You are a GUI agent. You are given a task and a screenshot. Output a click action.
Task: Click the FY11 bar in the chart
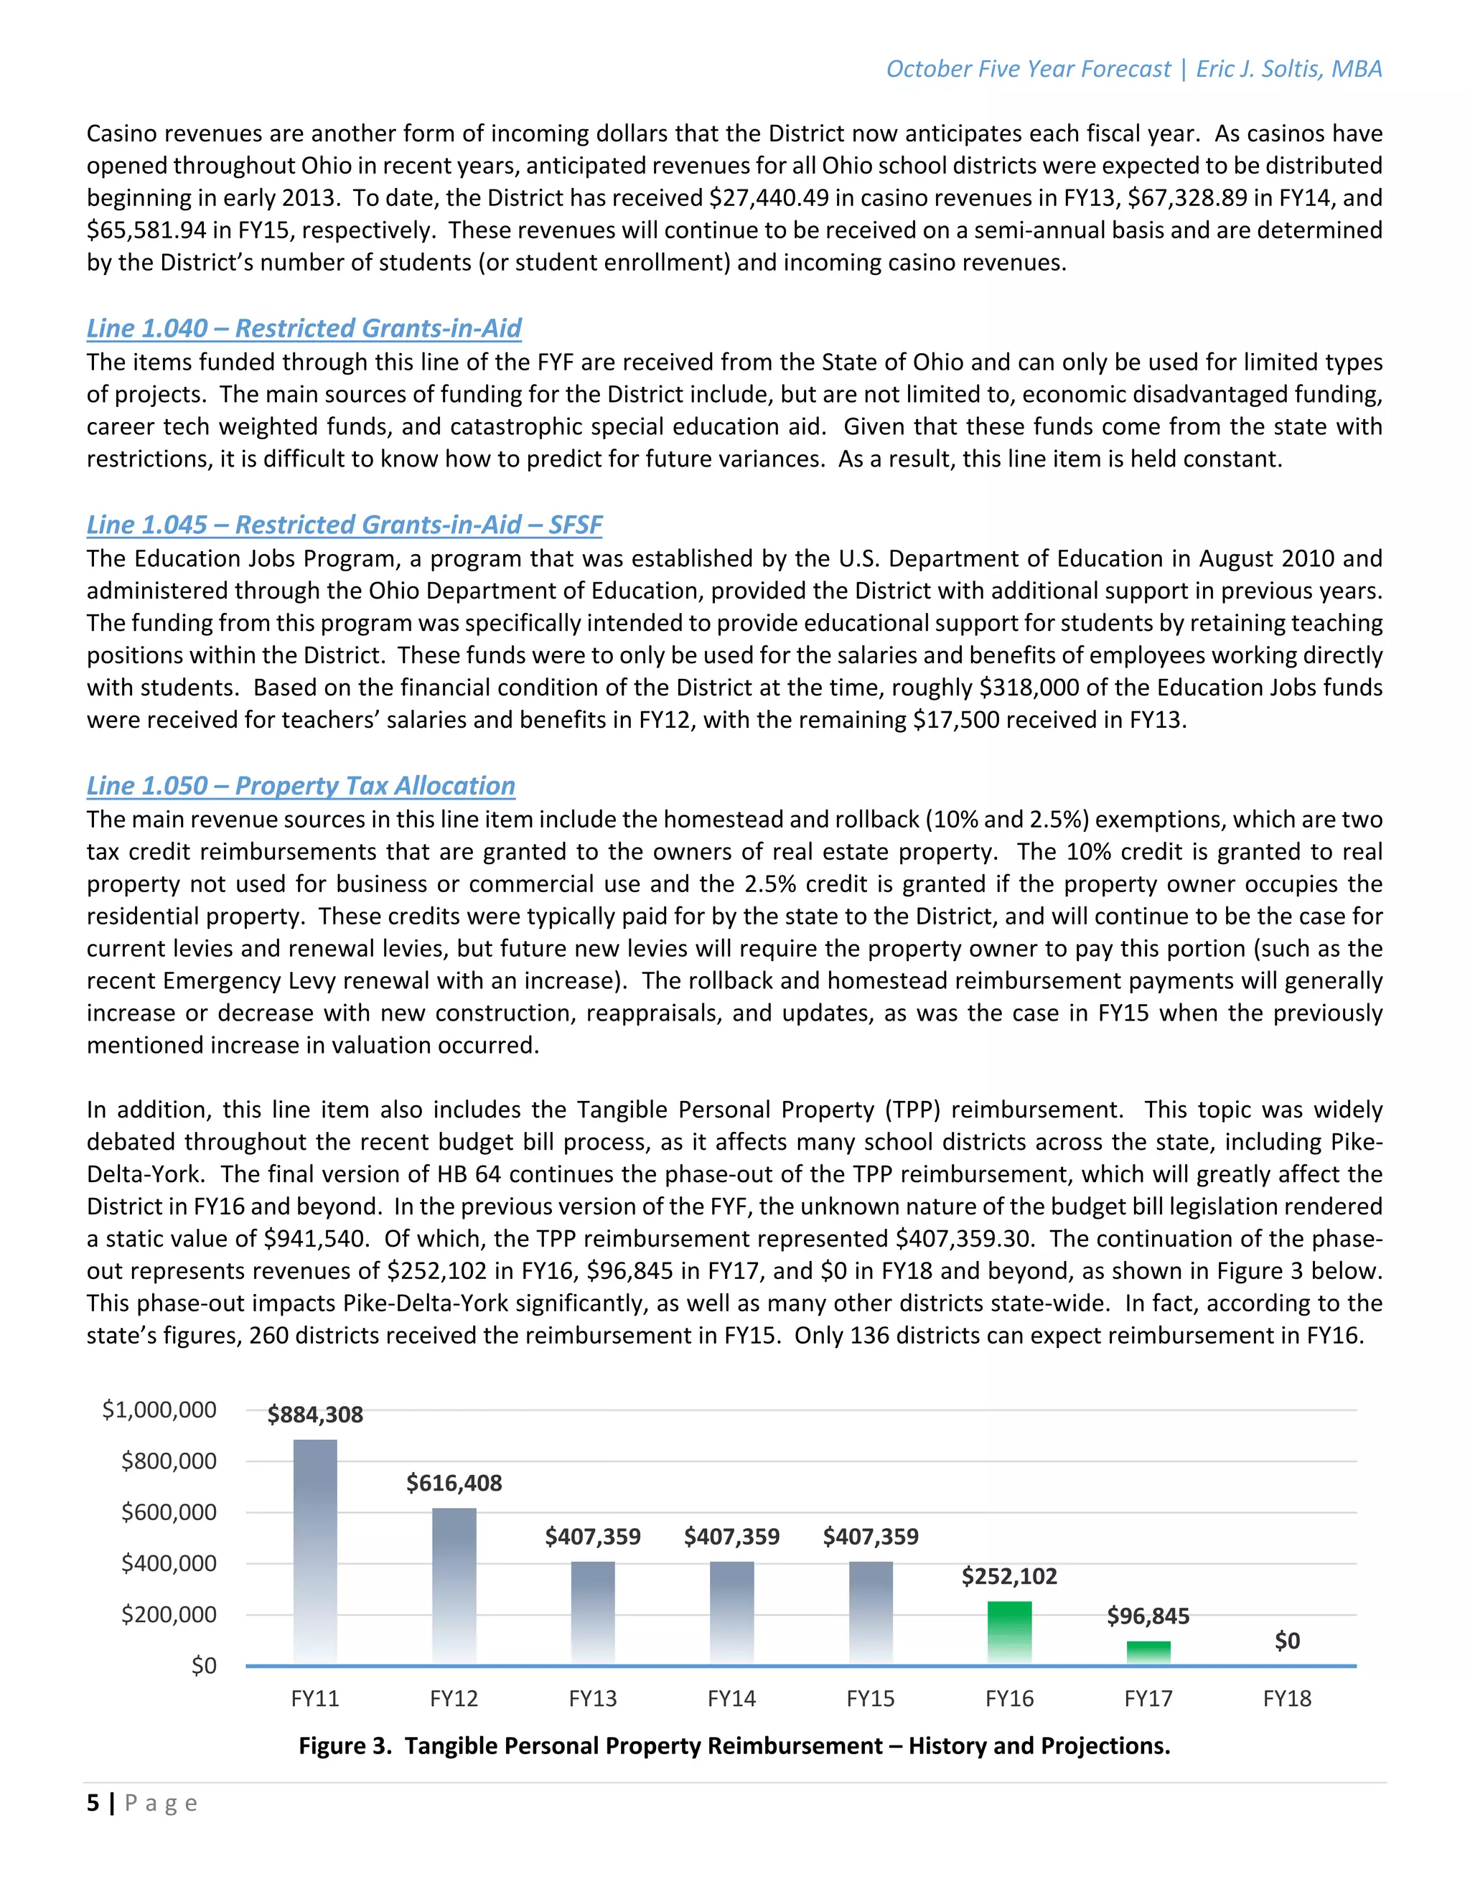tap(314, 1551)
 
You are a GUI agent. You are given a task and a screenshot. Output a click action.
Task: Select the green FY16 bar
tap(1008, 1632)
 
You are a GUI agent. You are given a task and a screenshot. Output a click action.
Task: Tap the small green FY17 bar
tap(1148, 1652)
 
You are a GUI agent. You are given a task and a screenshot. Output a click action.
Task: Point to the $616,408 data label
tap(454, 1483)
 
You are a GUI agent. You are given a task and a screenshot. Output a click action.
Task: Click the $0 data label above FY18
tap(1286, 1641)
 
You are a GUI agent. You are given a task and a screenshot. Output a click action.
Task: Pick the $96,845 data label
tap(1148, 1616)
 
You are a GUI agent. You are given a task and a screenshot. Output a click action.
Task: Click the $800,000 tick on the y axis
tap(169, 1461)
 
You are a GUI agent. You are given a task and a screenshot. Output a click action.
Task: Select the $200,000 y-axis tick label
tap(169, 1615)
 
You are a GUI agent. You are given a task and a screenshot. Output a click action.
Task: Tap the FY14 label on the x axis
tap(731, 1698)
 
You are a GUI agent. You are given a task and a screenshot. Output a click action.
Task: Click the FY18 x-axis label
tap(1286, 1698)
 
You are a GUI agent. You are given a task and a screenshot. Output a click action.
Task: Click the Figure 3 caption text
tap(734, 1746)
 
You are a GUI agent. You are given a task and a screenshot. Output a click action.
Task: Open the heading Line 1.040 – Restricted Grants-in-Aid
tap(303, 328)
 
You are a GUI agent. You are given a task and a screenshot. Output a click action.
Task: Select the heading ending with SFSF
tap(344, 524)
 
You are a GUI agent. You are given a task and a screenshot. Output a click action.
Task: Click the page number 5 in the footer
tap(93, 1803)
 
